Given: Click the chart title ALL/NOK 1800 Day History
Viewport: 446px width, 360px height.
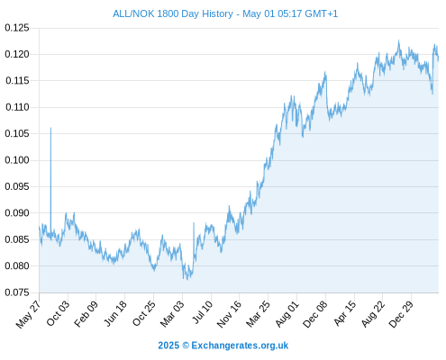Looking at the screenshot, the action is click(x=173, y=13).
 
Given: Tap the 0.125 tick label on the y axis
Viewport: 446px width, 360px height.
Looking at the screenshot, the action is click(x=17, y=28).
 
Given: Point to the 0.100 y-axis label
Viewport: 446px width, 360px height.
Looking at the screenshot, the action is click(x=17, y=160).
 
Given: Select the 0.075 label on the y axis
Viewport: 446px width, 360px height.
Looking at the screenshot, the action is click(x=17, y=292).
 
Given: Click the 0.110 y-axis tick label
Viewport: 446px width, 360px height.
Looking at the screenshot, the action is click(x=17, y=107).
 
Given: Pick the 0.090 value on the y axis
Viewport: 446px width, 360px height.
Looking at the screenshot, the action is click(x=17, y=213).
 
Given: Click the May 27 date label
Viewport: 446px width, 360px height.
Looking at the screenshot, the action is click(x=28, y=314).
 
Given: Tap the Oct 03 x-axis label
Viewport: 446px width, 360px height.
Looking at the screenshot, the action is click(x=58, y=313).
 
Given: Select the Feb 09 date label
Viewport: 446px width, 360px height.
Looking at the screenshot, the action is click(x=86, y=314).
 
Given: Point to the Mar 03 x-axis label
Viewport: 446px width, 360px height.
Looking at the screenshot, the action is click(x=171, y=314).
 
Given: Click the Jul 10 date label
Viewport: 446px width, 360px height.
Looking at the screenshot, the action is click(x=203, y=312).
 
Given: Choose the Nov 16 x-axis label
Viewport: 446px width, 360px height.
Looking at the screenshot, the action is click(x=229, y=314).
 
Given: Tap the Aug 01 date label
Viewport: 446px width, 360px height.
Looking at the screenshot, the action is click(x=287, y=314).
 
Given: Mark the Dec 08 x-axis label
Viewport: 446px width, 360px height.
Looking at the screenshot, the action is click(x=315, y=314).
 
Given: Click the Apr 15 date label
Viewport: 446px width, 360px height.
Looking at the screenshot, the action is click(x=345, y=313).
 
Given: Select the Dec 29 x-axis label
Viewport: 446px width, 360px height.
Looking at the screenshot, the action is click(x=401, y=314).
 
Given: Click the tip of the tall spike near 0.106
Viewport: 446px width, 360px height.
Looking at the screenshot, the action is click(x=50, y=128).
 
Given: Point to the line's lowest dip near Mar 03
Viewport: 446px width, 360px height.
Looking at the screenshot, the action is click(x=187, y=279).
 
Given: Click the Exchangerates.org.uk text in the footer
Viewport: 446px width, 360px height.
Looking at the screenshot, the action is click(x=240, y=346).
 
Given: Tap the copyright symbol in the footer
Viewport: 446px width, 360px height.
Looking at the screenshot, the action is click(x=186, y=346).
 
